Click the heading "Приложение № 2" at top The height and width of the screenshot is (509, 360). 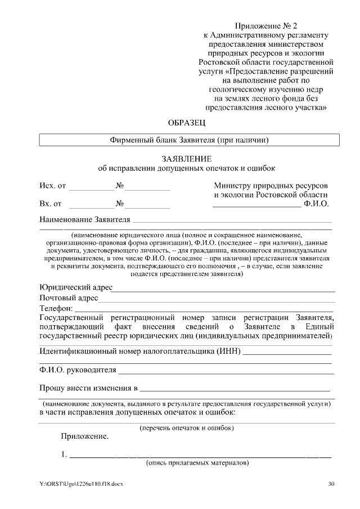point(265,26)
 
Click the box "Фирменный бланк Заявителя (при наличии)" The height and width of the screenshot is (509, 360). point(189,139)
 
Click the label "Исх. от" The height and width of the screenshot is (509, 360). point(52,186)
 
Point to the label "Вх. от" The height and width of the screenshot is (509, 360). point(51,204)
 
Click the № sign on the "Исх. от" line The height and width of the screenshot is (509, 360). point(120,186)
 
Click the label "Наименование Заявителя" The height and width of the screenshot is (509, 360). point(85,219)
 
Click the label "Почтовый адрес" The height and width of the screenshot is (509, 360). point(69,298)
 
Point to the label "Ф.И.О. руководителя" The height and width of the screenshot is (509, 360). point(78,370)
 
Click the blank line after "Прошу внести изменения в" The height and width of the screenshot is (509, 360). point(235,389)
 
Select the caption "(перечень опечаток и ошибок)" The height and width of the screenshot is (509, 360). point(187,428)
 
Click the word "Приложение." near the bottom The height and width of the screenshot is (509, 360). point(85,436)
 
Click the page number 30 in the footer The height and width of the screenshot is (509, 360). point(331,484)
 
